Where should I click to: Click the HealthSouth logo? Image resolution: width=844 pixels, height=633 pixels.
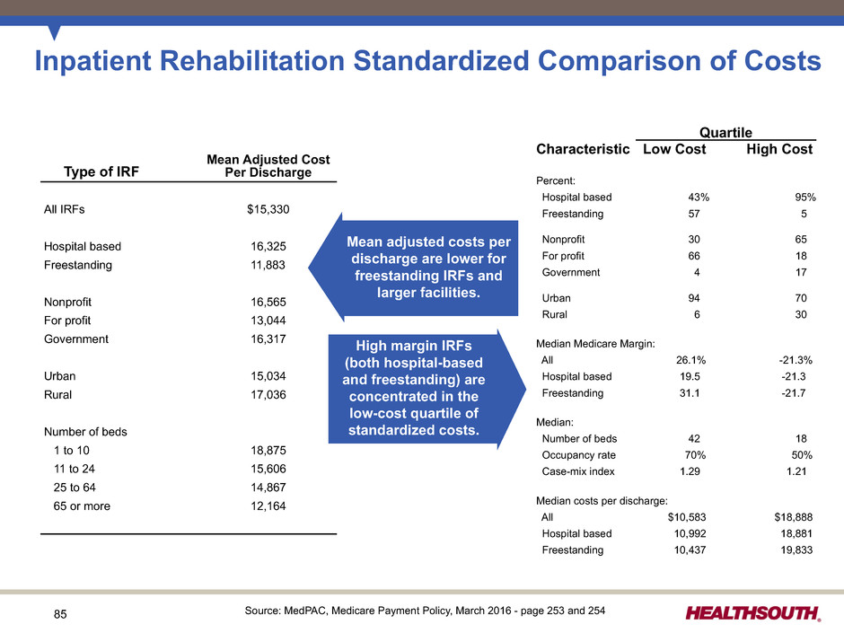(753, 613)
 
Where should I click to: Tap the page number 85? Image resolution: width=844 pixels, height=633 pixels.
(60, 615)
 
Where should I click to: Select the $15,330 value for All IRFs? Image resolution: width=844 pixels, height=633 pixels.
(268, 209)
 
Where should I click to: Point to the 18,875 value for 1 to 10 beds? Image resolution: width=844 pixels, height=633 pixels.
(270, 450)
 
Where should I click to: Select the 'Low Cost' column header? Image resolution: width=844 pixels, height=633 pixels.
(674, 149)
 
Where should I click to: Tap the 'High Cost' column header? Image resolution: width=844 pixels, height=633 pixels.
(779, 149)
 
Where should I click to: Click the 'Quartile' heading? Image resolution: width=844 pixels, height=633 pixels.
(725, 132)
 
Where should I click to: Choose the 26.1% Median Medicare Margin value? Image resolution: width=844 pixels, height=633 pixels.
(692, 360)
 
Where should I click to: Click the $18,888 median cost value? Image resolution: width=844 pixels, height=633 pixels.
(793, 516)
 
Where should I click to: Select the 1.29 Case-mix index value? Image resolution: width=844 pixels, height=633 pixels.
(690, 471)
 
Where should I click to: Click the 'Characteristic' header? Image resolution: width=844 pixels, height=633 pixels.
(582, 149)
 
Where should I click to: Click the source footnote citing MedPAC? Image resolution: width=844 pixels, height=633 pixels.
(425, 611)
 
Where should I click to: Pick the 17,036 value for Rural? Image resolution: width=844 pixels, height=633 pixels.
(270, 393)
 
